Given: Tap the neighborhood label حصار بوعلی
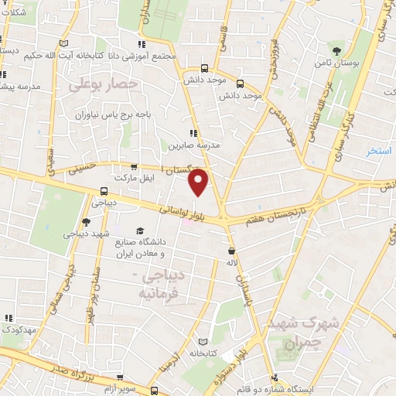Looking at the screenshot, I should (x=104, y=83).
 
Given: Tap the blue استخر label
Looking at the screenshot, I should (x=380, y=149).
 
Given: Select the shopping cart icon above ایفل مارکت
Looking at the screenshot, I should (x=135, y=166).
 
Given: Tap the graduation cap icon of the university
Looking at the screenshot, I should (x=140, y=230).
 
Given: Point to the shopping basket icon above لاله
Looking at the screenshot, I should (x=231, y=251).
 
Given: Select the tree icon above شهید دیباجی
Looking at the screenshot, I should (x=86, y=221).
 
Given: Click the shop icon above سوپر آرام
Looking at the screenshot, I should (x=155, y=391).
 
